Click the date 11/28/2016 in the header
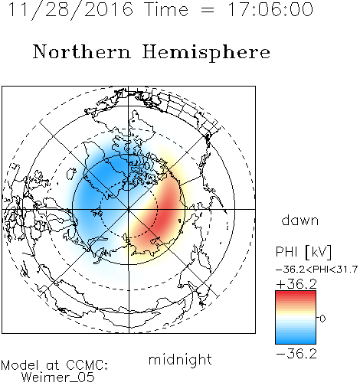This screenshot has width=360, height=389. point(70,10)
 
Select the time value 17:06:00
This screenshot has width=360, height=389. point(270,9)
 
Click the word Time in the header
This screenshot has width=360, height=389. point(166,9)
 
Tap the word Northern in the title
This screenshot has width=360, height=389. point(82,51)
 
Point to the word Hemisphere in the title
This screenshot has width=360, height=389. point(206,53)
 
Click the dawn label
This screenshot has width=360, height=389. point(300,220)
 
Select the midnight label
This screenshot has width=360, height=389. point(180,359)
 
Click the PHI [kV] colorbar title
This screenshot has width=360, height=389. point(303,252)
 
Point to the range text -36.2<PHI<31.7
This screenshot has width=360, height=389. point(316,270)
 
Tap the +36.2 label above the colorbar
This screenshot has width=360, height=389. point(296,284)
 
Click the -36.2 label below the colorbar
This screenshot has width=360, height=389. point(296,354)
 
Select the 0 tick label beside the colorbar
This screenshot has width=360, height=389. point(322,319)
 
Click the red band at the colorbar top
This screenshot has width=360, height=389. point(296,294)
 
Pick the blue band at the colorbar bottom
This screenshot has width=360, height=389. point(296,340)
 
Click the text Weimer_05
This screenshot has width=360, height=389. point(58,378)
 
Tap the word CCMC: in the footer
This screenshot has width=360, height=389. point(87,365)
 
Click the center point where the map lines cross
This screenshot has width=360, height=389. point(129,209)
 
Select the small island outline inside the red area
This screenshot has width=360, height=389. point(180,221)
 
